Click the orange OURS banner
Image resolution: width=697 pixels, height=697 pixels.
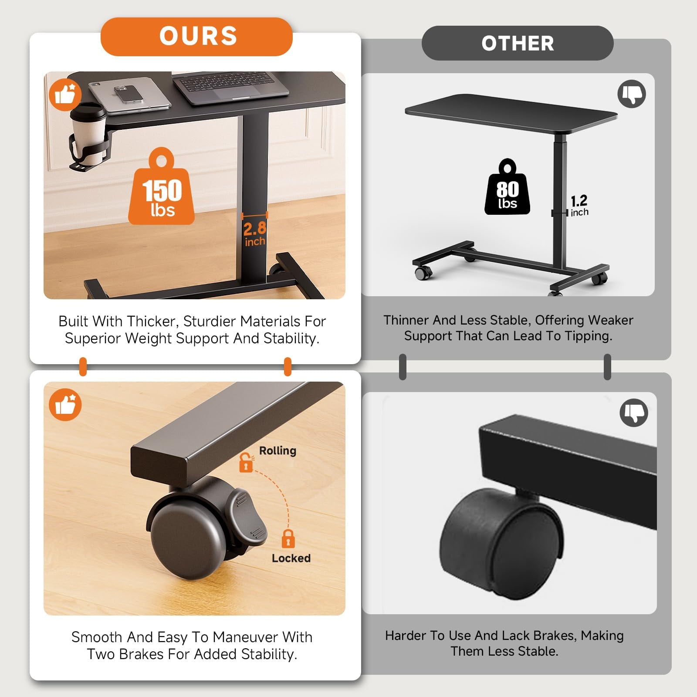tap(196, 37)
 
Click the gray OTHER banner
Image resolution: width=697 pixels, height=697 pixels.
tap(518, 43)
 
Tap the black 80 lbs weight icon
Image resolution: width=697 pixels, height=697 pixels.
tap(508, 187)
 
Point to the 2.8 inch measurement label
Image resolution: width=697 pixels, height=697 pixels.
tap(255, 234)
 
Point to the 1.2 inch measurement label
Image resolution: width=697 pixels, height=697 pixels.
tap(579, 206)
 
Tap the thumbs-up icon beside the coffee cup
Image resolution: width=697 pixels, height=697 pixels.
tap(65, 95)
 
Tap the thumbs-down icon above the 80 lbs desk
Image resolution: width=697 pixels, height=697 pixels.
tap(632, 94)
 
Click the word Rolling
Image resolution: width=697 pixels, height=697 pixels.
tap(277, 451)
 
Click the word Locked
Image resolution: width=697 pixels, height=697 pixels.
tap(291, 558)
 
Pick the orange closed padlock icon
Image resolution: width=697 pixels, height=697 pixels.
tap(288, 539)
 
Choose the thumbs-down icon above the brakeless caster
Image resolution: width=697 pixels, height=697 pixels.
tap(634, 413)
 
